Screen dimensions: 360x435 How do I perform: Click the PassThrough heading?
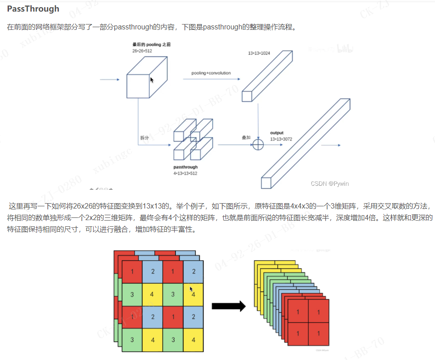[x=33, y=9]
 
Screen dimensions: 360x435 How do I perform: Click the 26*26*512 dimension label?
[x=142, y=51]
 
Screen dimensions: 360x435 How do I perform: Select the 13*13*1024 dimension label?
[x=259, y=53]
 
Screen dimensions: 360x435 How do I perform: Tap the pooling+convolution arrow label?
[x=211, y=73]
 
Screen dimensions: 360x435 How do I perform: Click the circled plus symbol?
[x=259, y=144]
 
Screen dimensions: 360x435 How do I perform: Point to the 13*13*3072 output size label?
[x=281, y=139]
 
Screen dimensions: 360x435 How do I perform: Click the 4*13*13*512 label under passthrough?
[x=185, y=173]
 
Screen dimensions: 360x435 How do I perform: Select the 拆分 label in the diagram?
[x=144, y=138]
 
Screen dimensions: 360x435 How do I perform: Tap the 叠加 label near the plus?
[x=246, y=138]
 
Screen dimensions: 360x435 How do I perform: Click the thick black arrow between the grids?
[x=228, y=306]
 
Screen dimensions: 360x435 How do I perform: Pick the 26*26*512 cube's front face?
[x=138, y=86]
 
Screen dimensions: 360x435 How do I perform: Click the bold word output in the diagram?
[x=277, y=133]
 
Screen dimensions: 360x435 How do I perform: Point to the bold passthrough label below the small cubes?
[x=185, y=167]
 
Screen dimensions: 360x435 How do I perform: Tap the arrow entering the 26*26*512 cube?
[x=110, y=80]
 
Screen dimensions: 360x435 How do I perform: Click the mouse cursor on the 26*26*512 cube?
[x=152, y=80]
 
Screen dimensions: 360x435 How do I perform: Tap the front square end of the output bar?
[x=266, y=183]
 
